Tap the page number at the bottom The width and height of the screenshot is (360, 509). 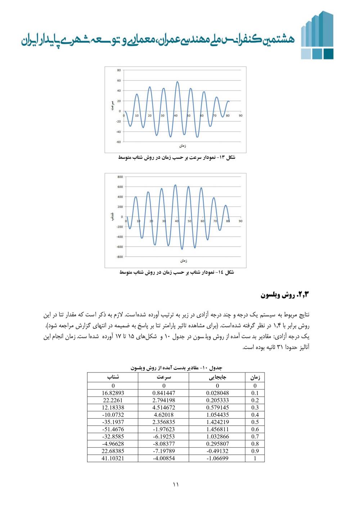click(x=176, y=485)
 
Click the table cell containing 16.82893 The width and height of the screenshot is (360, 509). click(x=113, y=393)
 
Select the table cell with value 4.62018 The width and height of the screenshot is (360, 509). click(x=163, y=415)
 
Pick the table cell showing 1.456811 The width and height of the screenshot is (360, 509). click(x=217, y=429)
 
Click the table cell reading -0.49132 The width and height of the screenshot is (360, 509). click(x=217, y=451)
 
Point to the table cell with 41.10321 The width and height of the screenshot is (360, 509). click(x=113, y=458)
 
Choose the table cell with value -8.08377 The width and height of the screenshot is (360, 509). click(x=163, y=444)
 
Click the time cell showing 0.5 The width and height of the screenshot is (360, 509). click(x=255, y=422)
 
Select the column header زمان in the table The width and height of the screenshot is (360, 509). click(x=255, y=377)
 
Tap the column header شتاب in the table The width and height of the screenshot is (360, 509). click(x=113, y=377)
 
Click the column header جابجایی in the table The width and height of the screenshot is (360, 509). click(x=217, y=377)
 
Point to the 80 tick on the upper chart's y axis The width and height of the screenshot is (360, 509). click(x=119, y=70)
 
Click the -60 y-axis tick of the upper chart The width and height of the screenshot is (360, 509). click(x=118, y=142)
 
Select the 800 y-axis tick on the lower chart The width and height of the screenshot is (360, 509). click(x=120, y=177)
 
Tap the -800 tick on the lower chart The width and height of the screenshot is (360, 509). click(x=119, y=257)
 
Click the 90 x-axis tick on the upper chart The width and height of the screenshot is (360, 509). click(x=240, y=116)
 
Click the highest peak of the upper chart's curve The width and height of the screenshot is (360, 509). click(x=177, y=82)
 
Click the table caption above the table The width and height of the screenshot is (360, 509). click(x=176, y=368)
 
